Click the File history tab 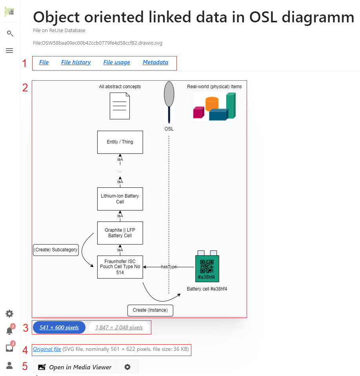[76, 62]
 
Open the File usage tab [116, 62]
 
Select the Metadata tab [155, 62]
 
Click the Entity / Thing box [120, 142]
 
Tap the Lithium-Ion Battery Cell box [120, 199]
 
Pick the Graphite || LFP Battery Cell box [120, 233]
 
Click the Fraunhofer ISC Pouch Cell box [120, 267]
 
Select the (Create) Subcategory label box [56, 250]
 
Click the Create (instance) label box [150, 310]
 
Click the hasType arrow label [169, 267]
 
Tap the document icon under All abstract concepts [120, 106]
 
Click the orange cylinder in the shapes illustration [212, 104]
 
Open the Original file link [47, 349]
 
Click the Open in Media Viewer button [75, 367]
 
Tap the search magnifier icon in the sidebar [10, 34]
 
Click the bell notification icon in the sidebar [9, 331]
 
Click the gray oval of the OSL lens [169, 94]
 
